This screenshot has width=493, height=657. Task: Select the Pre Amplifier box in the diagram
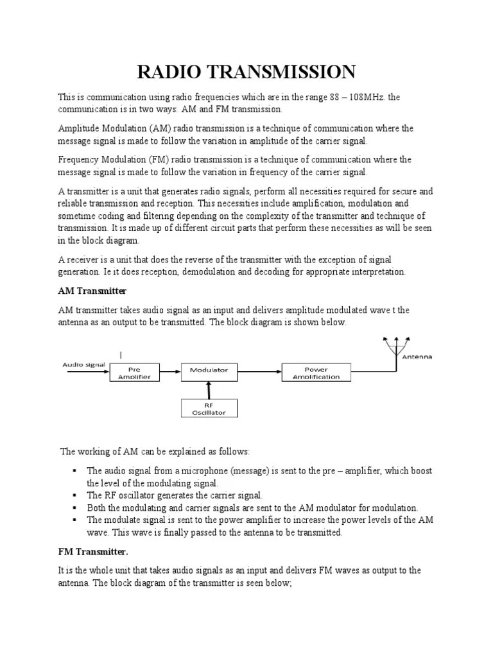134,373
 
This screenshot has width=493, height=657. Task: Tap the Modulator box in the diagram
207,370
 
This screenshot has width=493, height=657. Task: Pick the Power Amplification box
316,373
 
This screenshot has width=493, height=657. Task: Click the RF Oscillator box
209,409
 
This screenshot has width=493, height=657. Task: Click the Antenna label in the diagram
417,357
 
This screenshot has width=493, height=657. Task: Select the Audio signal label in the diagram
83,364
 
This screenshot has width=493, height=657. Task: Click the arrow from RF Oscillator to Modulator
207,388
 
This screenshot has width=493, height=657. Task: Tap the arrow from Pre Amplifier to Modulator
169,370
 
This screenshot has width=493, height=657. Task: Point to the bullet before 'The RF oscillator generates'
76,495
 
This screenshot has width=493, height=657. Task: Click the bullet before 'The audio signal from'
76,470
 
